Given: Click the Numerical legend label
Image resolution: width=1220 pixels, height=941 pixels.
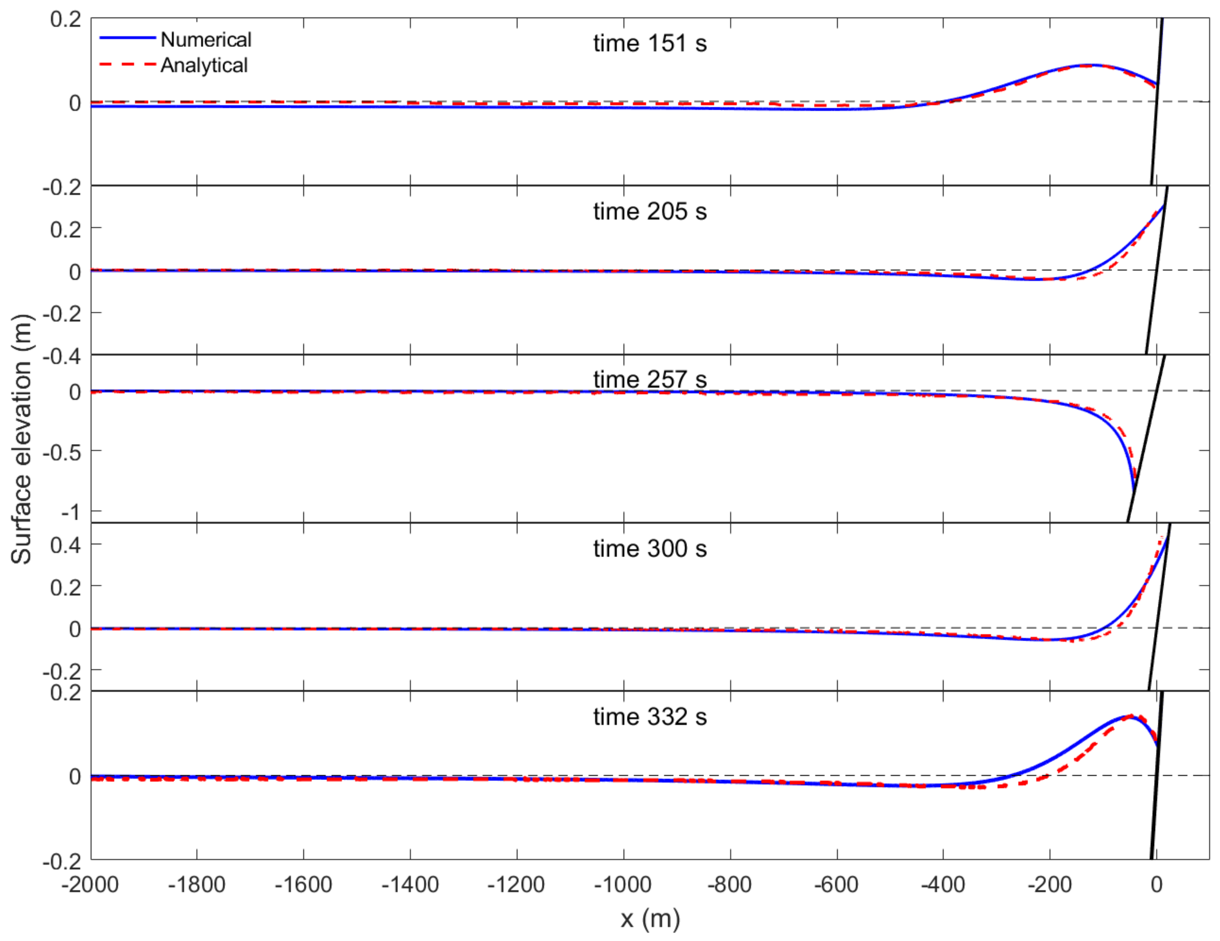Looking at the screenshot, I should (206, 40).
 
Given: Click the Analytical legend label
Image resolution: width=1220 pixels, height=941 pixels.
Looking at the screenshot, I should (204, 65).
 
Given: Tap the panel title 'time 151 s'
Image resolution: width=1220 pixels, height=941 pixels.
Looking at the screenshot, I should (650, 44).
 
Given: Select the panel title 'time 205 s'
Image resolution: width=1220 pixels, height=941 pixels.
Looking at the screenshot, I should (650, 212).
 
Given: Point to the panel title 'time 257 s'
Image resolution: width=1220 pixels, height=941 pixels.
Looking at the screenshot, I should (650, 380).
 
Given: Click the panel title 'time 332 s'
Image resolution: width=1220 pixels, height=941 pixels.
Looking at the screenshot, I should (650, 717).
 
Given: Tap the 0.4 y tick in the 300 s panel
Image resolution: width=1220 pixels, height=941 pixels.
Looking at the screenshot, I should (65, 545).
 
